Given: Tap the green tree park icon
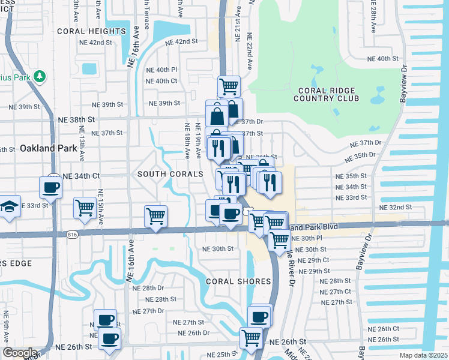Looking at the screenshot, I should pos(40,77).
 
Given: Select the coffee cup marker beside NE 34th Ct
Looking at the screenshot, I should pos(50,187).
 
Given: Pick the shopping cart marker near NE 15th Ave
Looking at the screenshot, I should pos(85,208).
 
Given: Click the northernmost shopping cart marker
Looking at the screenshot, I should pos(229,86).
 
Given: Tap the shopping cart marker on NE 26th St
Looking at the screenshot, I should pos(250,337).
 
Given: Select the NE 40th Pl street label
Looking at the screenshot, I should pos(161,70).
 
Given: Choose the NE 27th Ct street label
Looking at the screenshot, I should pos(336,292).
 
